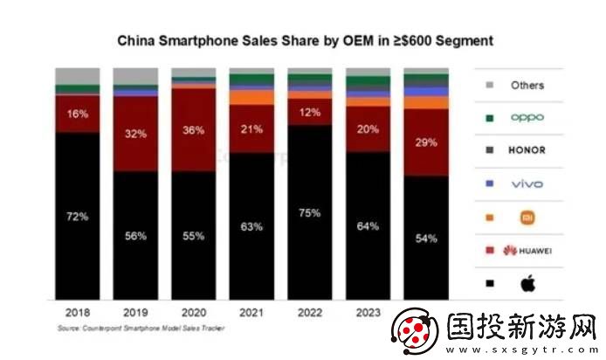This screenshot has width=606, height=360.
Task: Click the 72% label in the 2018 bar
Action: coord(78,216)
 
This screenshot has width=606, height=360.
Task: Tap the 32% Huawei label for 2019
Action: coord(134,135)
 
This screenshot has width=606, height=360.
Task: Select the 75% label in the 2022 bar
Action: coord(309,212)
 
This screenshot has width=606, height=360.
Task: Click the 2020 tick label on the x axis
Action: coord(193,311)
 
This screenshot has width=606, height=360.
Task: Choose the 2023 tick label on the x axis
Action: coord(368,311)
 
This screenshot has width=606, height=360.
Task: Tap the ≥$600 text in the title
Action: coord(388,40)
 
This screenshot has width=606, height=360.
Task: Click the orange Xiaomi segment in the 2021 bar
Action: coord(251,98)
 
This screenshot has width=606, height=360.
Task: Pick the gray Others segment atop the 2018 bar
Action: coord(77,76)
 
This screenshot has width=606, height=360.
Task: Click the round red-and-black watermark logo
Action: coord(416,332)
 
